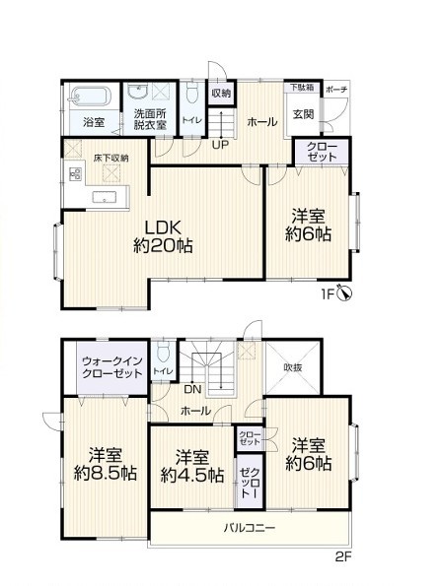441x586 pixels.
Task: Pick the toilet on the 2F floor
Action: click(x=164, y=352)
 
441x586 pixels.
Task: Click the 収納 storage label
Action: click(x=222, y=93)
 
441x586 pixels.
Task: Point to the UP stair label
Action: click(x=221, y=144)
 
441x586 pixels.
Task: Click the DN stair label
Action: click(x=192, y=389)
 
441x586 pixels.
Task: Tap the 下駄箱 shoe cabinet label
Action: click(x=302, y=88)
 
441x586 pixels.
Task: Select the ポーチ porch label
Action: click(x=336, y=90)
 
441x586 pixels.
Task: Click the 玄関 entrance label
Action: click(x=303, y=114)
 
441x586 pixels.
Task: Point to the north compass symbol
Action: click(x=344, y=293)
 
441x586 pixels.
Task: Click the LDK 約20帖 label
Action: click(x=163, y=236)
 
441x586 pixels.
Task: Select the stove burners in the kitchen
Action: click(x=75, y=173)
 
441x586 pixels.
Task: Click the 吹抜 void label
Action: click(x=292, y=367)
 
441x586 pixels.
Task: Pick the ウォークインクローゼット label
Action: click(x=112, y=367)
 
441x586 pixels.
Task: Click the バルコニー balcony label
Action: click(x=250, y=528)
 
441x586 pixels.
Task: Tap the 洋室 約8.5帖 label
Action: click(x=106, y=464)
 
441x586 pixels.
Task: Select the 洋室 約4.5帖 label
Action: click(x=192, y=466)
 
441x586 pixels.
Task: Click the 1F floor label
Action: click(x=327, y=294)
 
